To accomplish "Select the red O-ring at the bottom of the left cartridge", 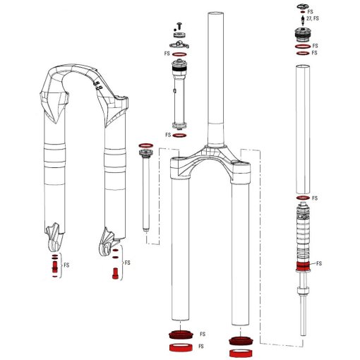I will (179, 135).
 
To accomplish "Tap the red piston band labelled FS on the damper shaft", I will (302, 267).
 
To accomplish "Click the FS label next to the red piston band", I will (318, 263).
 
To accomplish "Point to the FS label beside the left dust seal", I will (202, 334).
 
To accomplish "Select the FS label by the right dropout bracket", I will (127, 263).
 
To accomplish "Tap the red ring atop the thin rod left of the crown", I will (145, 145).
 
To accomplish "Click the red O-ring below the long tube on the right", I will (302, 198).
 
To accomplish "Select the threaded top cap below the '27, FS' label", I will (302, 34).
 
